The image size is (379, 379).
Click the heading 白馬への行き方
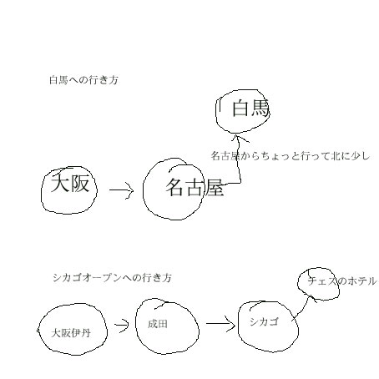click(x=83, y=80)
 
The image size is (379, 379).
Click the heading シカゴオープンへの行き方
click(x=112, y=278)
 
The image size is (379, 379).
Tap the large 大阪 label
click(x=70, y=184)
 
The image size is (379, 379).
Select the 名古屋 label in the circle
click(x=195, y=187)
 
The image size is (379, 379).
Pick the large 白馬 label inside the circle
click(x=250, y=109)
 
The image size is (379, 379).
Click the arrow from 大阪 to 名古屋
click(x=121, y=190)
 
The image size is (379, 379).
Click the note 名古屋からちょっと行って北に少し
click(x=291, y=156)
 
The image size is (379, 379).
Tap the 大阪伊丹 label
click(x=71, y=333)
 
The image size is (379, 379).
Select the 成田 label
click(x=158, y=324)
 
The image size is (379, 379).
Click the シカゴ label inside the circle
click(x=264, y=321)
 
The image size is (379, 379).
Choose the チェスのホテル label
click(x=342, y=281)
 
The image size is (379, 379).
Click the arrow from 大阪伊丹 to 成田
click(x=121, y=325)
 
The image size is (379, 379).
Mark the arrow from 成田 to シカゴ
click(x=220, y=324)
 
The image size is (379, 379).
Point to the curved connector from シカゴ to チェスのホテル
click(x=304, y=308)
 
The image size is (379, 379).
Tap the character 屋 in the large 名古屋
click(x=215, y=188)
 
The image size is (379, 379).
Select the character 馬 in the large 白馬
click(x=260, y=109)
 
